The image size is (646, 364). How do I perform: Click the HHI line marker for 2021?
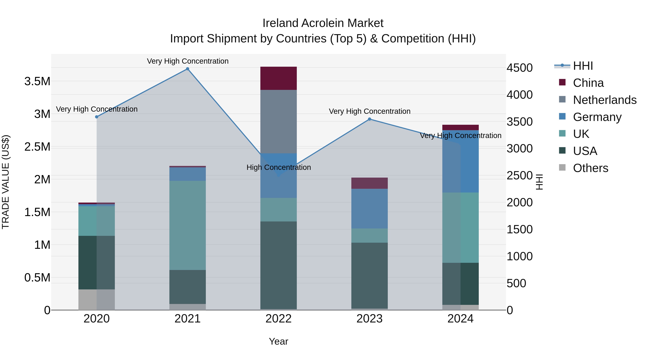pos(187,69)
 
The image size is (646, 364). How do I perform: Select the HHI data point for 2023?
pos(369,119)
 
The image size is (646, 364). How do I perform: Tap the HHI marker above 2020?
pos(97,117)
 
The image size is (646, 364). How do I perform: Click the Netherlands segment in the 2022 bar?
pos(278,122)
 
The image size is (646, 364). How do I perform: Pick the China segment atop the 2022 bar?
pos(278,78)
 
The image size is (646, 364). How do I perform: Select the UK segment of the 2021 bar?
pos(187,225)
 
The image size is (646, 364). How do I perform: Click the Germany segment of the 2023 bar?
pos(369,209)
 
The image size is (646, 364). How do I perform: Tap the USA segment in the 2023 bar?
pos(369,275)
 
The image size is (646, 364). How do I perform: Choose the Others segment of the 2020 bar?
pos(97,299)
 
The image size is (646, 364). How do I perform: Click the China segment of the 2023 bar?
pos(369,183)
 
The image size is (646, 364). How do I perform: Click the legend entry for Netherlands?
pos(604,100)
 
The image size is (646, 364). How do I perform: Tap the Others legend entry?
pos(590,168)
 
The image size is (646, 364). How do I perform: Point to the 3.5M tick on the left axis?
pos(37,81)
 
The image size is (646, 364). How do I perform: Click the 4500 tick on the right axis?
pos(519,68)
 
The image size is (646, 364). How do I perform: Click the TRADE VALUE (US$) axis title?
pos(6,182)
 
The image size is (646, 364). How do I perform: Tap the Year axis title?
pos(278,341)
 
